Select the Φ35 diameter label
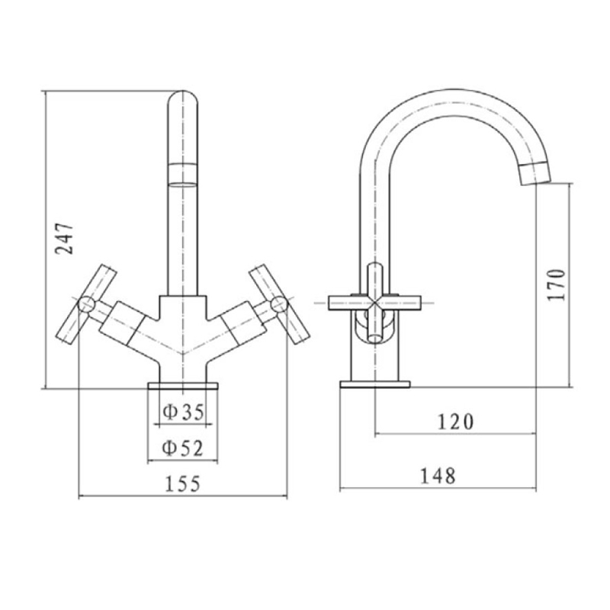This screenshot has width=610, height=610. click(183, 413)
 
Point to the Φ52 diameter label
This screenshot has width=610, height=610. click(183, 449)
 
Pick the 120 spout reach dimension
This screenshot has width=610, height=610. click(455, 422)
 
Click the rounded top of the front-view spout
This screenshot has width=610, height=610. click(182, 103)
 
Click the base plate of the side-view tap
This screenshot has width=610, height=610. click(374, 384)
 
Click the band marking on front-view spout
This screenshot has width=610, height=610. click(182, 174)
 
